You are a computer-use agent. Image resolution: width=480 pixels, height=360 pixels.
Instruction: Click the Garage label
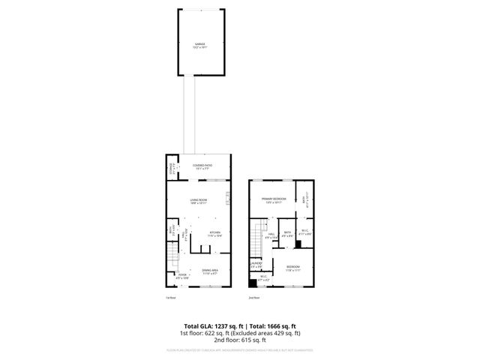(x=199, y=45)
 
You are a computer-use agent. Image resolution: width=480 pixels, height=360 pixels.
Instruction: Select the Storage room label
(x=171, y=170)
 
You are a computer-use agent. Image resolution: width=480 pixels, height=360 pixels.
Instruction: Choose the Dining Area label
(x=209, y=271)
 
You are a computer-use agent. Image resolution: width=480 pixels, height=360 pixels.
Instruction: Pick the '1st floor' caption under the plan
(x=171, y=298)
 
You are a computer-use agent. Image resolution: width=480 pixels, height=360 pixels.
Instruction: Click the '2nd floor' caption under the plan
(x=253, y=298)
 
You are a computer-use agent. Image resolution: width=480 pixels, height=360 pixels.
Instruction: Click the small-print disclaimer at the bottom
(x=239, y=349)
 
